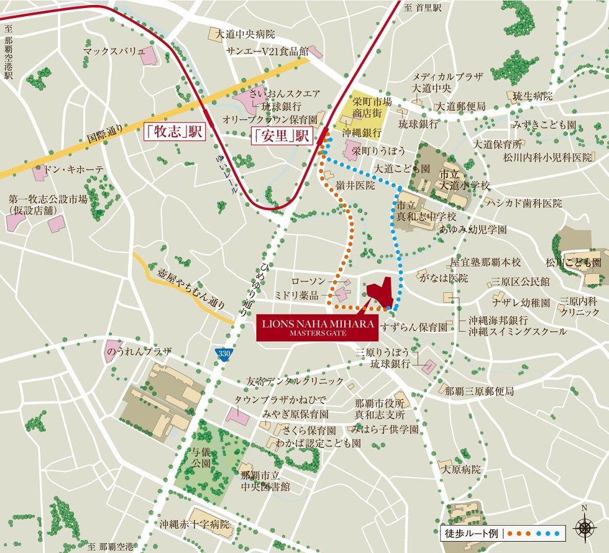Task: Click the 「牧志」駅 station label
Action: [174, 133]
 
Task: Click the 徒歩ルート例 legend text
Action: [472, 533]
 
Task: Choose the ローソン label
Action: [308, 281]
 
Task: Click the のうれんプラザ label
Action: [138, 352]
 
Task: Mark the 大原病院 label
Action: [460, 470]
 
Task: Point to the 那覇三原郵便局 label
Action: [479, 391]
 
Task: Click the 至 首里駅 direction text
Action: [422, 7]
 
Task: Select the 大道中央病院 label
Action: [245, 34]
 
